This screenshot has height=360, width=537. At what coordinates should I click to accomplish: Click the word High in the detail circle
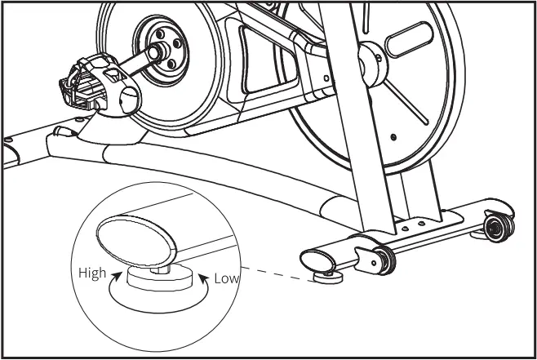(92, 273)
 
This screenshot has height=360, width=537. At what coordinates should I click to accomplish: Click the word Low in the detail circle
(226, 278)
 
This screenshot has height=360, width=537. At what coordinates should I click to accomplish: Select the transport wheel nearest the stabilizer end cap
(383, 260)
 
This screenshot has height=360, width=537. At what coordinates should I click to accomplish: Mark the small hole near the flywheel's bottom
(393, 137)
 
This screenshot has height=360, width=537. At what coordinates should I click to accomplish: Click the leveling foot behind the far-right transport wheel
(482, 234)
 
